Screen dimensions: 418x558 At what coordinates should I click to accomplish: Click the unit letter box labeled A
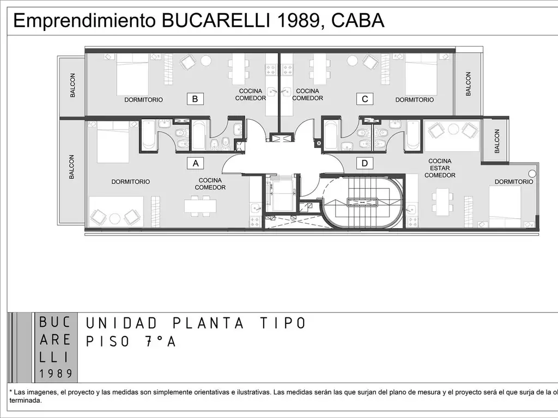pos(195,162)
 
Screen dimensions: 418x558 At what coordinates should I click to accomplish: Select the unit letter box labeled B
pos(195,99)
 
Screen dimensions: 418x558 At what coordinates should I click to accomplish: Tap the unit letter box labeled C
pos(365,99)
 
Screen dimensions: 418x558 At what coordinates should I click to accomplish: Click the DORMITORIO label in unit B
pos(143,100)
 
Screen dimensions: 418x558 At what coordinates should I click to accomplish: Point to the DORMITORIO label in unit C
pos(415,100)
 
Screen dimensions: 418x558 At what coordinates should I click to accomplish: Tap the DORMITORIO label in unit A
pos(131,181)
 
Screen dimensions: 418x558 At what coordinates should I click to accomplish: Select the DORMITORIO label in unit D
pos(514,182)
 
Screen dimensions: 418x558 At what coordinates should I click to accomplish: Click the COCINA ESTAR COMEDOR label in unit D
pos(440,168)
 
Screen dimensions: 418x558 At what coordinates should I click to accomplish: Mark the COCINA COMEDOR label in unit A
pos(210,184)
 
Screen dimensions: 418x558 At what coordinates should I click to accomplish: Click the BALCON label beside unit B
pos(73,85)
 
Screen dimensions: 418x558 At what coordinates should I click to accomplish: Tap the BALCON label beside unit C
pos(468,84)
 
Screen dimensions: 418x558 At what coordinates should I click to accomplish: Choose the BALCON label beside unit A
pos(71,167)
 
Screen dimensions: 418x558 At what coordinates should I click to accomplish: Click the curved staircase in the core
pos(362,202)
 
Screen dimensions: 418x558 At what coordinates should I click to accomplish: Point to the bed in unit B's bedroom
pos(132,74)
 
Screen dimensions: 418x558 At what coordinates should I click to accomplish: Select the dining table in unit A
pos(200,206)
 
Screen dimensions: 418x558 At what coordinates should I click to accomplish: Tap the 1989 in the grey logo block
pos(56,373)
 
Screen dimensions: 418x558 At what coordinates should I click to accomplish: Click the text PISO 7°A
pos(131,342)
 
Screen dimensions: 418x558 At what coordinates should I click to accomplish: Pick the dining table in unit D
pos(442,200)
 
